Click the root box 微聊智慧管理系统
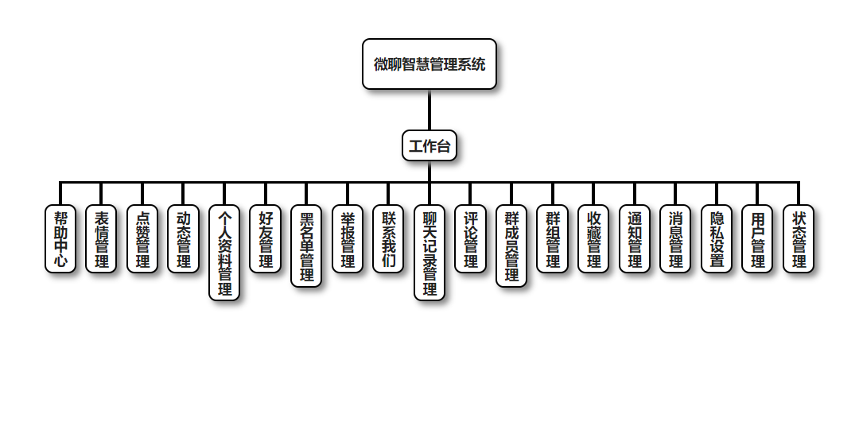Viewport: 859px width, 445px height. (x=429, y=64)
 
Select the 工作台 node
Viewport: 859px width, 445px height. (x=429, y=145)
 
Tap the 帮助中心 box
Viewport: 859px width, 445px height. (x=60, y=239)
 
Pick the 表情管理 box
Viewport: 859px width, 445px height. (x=102, y=239)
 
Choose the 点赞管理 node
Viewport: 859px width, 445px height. (x=142, y=239)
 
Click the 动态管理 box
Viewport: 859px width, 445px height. (x=184, y=239)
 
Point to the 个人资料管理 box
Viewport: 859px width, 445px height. (x=224, y=253)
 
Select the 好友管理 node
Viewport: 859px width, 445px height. (x=266, y=239)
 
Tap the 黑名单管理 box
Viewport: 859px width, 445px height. (x=306, y=246)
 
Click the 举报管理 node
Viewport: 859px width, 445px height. (x=348, y=239)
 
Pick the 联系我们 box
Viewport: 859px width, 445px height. (x=388, y=239)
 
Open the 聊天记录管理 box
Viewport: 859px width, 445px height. (x=429, y=253)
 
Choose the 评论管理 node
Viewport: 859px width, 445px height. (x=471, y=239)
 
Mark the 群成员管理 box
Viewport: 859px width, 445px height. (x=511, y=246)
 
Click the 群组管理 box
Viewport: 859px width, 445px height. (x=553, y=239)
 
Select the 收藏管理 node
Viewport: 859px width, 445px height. (x=593, y=239)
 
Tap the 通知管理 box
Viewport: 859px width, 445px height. (x=635, y=239)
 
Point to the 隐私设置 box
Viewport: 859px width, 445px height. (x=717, y=239)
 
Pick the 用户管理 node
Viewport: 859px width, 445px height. (x=757, y=239)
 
